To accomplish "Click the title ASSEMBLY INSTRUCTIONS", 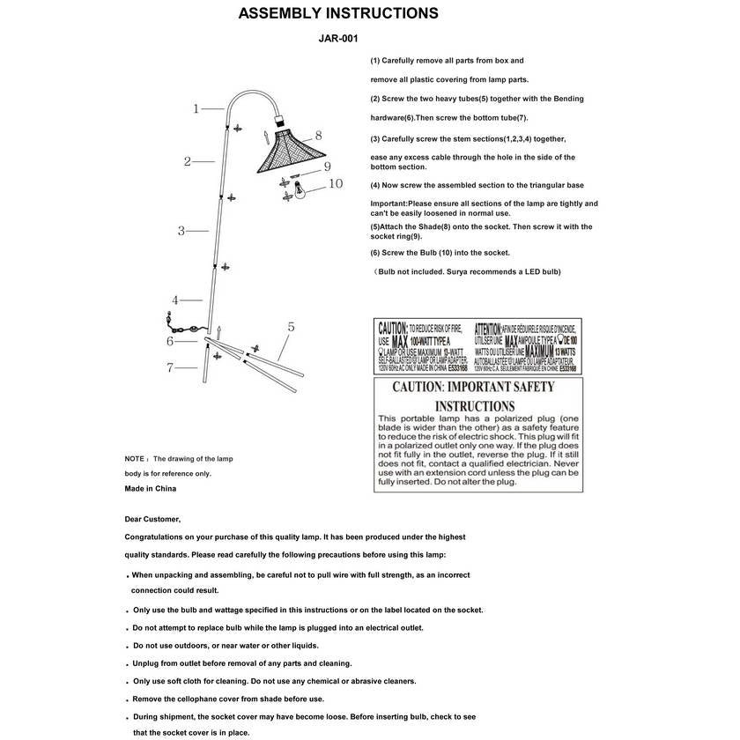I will pos(338,14).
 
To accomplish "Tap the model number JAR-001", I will pos(337,39).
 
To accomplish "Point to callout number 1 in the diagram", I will pos(196,109).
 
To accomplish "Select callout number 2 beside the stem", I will pos(188,161).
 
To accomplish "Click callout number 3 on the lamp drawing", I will pos(181,232).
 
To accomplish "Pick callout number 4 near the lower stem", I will pos(175,300).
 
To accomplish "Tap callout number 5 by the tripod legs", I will pos(290,327).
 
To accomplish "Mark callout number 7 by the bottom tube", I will pos(170,368).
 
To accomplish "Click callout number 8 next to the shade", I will pos(318,136).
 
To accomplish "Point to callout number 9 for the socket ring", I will pos(326,166).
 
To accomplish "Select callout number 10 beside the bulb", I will pos(335,184).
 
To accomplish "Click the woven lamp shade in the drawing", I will pos(282,150).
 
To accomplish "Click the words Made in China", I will pos(151,488).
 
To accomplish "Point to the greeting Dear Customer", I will pos(152,519).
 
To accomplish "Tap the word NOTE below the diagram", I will pos(135,459).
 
